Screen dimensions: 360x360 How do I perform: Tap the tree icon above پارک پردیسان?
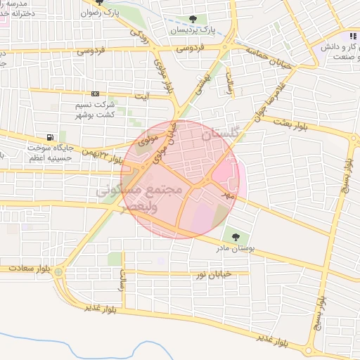[x=193, y=20]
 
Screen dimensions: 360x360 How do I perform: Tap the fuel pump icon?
[x=49, y=137]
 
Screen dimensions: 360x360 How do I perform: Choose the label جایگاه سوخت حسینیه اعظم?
[x=50, y=153]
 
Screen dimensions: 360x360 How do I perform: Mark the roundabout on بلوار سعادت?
[x=58, y=271]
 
